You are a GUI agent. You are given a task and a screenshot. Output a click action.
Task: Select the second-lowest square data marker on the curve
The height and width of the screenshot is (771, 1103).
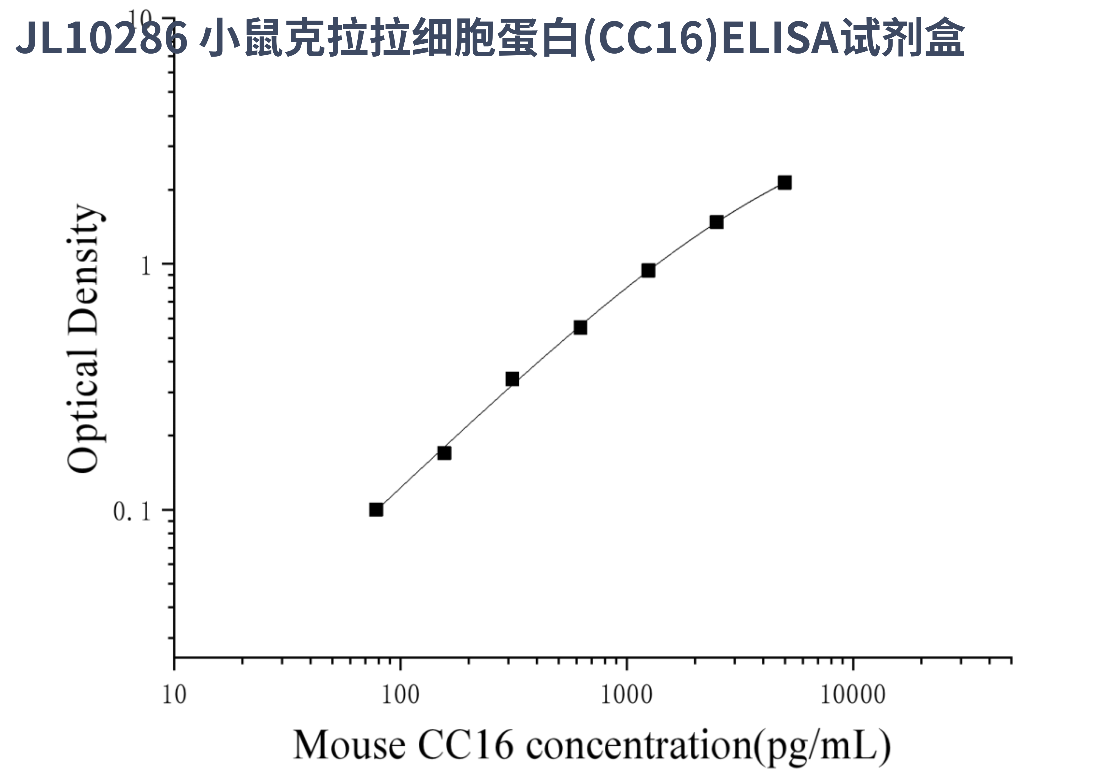444,453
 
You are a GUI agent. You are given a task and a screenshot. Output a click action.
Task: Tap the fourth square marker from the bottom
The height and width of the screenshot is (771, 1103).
580,328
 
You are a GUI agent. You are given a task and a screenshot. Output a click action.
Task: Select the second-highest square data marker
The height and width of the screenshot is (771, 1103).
716,222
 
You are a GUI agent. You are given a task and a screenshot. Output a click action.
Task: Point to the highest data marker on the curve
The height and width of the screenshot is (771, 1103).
785,182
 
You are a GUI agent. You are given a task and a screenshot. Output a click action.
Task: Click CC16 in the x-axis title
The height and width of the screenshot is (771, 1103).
465,745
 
